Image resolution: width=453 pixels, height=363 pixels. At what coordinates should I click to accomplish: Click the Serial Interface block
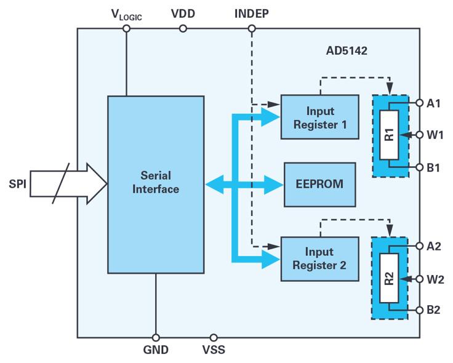tap(156, 184)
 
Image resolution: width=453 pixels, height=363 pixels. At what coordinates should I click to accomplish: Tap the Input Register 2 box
tap(319, 259)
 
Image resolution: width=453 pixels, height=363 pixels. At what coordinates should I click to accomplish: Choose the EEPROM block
tap(319, 184)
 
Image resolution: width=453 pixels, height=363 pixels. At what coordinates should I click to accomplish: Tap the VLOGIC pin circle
tap(126, 28)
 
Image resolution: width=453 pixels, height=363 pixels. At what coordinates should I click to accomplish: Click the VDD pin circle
tap(183, 28)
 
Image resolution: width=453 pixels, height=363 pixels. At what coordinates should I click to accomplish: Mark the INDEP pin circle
tap(252, 28)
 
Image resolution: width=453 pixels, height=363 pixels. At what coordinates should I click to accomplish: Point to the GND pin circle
tap(156, 337)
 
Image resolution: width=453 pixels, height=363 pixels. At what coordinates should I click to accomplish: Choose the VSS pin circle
tap(214, 337)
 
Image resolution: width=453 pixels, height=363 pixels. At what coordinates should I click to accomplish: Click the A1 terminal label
tap(434, 103)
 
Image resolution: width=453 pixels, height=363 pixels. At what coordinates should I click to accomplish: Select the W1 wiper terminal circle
tap(420, 135)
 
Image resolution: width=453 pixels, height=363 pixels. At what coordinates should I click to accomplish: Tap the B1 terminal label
tap(434, 167)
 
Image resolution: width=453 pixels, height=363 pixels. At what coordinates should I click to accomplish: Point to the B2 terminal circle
tap(420, 310)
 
